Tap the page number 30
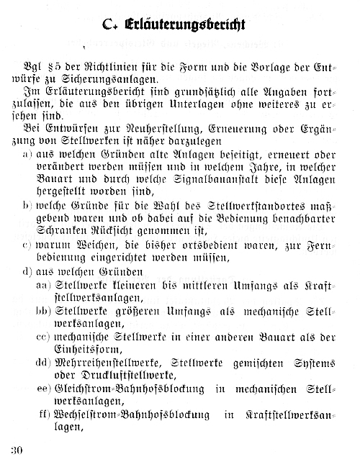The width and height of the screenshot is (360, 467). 18,450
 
